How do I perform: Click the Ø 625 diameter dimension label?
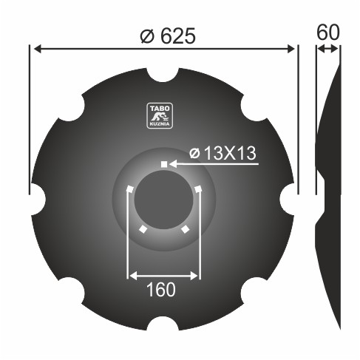(x=168, y=35)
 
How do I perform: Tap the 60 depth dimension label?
(x=328, y=33)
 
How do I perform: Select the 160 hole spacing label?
(x=161, y=290)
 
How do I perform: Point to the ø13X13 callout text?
(x=223, y=153)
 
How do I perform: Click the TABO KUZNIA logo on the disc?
(x=160, y=115)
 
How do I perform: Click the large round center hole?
(x=164, y=200)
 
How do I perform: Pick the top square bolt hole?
(x=164, y=164)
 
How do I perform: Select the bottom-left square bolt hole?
(x=143, y=229)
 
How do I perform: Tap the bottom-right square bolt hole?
(x=185, y=229)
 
